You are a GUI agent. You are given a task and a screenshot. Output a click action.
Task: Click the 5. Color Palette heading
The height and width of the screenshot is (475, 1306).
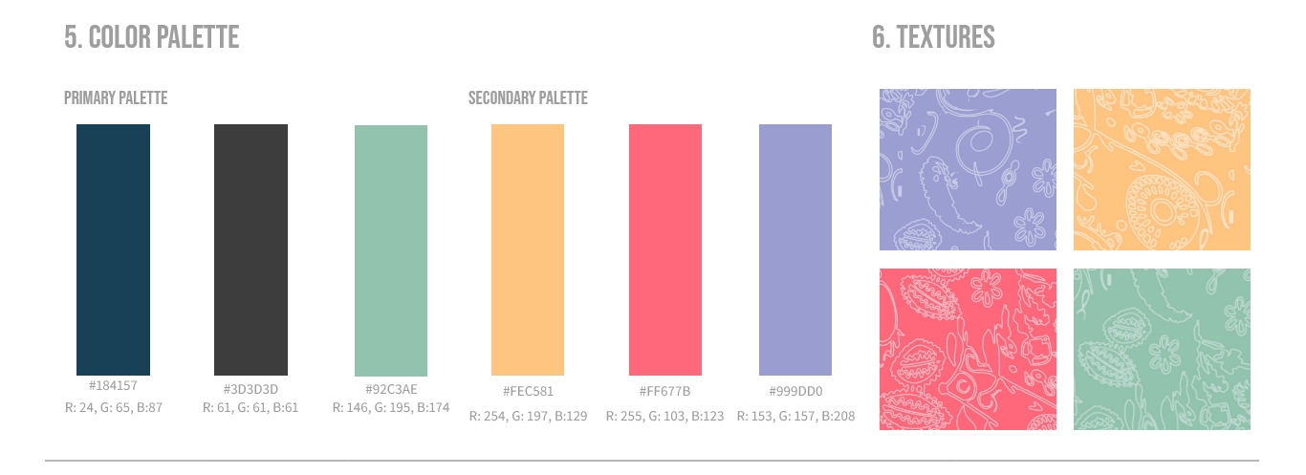pos(151,37)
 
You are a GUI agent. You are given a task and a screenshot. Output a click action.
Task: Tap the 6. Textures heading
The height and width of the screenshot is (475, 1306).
pos(933,37)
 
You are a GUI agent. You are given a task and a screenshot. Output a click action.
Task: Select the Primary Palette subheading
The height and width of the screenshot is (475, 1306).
pos(116,98)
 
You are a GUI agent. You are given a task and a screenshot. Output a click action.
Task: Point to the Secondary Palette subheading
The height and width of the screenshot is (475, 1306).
pos(528,98)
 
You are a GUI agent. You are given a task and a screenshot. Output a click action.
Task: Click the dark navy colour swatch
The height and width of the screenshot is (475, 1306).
pos(113,249)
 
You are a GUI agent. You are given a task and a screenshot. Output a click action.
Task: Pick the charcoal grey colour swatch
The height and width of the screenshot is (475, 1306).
pos(250,249)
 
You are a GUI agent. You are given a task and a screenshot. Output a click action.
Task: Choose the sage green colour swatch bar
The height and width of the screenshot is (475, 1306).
pos(391,250)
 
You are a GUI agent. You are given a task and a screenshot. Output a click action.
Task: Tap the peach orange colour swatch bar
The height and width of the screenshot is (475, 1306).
pos(528,249)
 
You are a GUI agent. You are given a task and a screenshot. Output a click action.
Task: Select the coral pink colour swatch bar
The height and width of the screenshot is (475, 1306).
pos(665,249)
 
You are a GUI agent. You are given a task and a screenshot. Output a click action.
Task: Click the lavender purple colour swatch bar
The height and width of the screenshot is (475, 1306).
pos(795,249)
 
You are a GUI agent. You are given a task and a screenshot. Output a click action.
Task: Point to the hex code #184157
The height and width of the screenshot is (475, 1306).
pos(113,386)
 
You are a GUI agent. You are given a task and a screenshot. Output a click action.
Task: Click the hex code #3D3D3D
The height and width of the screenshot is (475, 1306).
pos(250,389)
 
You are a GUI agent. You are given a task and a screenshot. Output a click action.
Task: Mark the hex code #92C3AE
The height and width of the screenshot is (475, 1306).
pos(391,389)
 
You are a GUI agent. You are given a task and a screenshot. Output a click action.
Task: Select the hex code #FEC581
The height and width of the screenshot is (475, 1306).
pos(528,391)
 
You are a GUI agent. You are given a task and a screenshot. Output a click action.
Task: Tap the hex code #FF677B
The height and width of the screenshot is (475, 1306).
pos(665,391)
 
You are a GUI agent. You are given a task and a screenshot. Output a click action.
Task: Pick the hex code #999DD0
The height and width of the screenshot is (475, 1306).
pos(795,391)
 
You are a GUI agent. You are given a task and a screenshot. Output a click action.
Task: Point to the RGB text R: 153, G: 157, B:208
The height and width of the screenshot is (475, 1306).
pos(795,416)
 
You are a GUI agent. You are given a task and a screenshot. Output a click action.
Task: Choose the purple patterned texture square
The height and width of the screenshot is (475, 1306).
pos(968,169)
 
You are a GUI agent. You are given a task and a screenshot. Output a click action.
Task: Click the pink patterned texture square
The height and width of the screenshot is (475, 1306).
pos(968,349)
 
